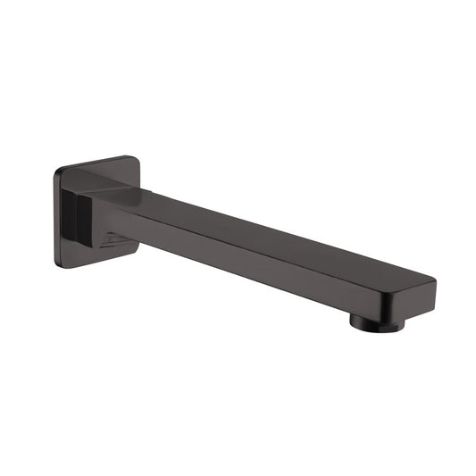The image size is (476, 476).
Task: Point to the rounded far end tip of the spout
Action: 432,291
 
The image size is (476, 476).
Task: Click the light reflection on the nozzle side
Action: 357,320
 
